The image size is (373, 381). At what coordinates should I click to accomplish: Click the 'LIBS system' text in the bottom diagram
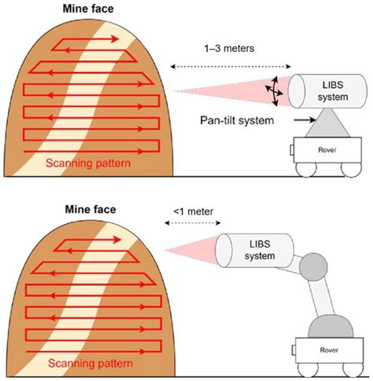257,251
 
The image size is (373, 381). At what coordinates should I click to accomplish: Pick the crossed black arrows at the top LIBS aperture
275,92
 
